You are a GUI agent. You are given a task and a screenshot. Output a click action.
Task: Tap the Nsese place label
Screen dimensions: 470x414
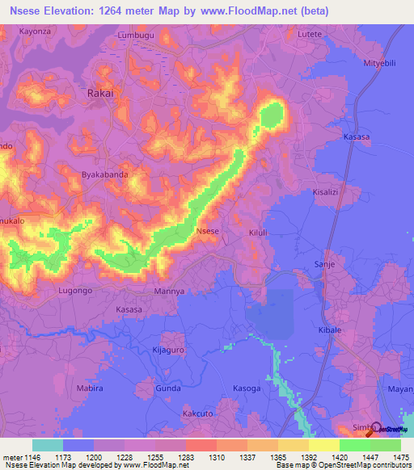(208, 231)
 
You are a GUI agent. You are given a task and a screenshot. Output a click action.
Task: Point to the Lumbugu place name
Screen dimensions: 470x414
(134, 36)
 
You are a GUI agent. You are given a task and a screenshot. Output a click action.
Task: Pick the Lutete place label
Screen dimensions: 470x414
(310, 35)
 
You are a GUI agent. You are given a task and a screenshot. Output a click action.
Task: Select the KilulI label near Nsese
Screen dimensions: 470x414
(258, 233)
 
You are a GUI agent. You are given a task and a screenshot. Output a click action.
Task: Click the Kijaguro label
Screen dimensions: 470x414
(169, 350)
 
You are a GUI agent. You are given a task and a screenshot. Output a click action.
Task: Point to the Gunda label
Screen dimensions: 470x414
(167, 388)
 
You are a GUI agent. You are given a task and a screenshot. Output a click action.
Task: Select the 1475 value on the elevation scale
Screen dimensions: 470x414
(403, 456)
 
